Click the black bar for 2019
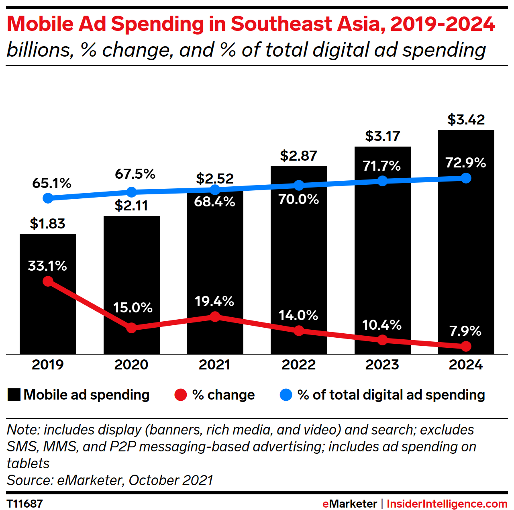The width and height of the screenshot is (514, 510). coord(48,313)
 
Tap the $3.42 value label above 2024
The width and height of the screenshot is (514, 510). coord(466,120)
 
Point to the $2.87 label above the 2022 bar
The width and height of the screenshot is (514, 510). coord(298,156)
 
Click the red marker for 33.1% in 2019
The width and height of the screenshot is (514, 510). coord(48,281)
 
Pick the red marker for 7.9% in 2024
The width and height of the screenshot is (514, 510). coord(466,346)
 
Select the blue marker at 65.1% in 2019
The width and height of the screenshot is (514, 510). coord(48,198)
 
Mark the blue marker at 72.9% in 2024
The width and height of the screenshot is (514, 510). coord(466,178)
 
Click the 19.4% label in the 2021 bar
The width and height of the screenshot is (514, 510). coord(214,301)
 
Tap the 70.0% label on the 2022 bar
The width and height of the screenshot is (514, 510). coord(299,199)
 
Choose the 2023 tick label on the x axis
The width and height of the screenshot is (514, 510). coord(382,365)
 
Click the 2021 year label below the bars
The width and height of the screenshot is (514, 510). coord(215,365)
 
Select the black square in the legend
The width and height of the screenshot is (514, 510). coord(14,395)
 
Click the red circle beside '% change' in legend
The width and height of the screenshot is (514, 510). coord(181,395)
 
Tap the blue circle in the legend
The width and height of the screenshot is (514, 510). coord(286,395)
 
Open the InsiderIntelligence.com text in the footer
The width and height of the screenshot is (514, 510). coord(447,504)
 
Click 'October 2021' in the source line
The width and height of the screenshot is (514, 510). coord(171,480)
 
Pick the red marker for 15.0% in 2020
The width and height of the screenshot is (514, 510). coord(131,328)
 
